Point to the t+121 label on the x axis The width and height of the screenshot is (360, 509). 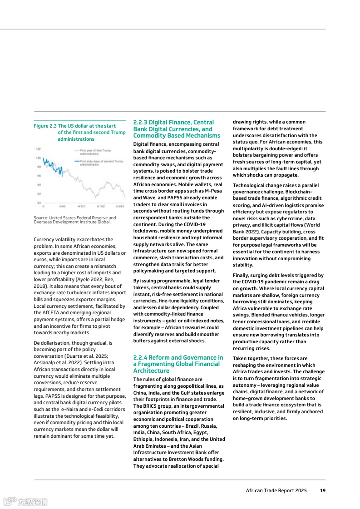point(82,206)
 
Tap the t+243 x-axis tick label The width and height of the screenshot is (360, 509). point(119,206)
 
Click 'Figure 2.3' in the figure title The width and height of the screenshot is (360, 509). point(45,126)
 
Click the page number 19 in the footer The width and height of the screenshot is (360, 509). point(322,490)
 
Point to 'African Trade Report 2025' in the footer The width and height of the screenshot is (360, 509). point(276,490)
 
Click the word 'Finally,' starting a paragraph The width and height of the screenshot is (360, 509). point(242,275)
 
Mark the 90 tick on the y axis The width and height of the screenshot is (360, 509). point(39,203)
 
